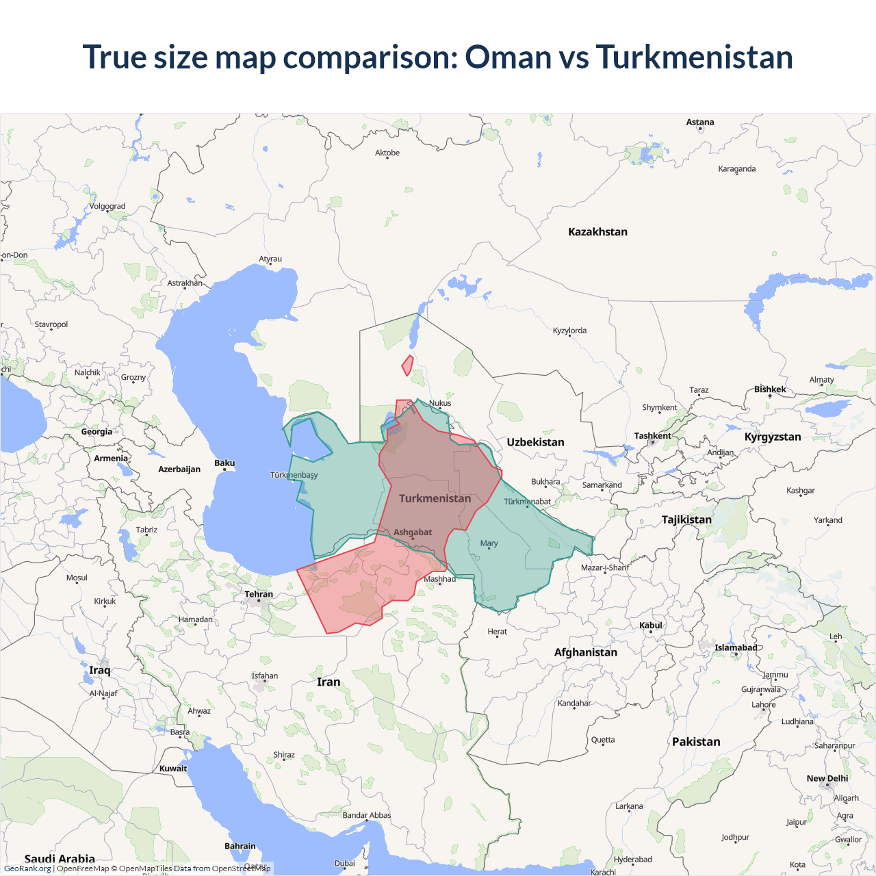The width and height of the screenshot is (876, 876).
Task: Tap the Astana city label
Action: (699, 123)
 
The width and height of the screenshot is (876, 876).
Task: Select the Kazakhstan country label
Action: (597, 232)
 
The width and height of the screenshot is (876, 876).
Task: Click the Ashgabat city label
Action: (412, 532)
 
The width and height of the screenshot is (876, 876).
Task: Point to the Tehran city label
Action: (259, 594)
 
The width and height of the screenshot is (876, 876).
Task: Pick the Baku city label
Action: (224, 463)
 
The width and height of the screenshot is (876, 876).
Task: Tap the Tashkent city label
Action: (652, 436)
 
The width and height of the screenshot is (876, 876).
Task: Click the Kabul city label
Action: (650, 626)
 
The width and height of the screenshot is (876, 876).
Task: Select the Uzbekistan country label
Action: (535, 442)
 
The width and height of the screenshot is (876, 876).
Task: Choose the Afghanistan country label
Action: (585, 652)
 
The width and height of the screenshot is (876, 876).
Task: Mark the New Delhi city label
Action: (827, 778)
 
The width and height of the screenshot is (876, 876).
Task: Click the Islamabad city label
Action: (736, 647)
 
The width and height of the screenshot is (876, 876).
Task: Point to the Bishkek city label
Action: (770, 389)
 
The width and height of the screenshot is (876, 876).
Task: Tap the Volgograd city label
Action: (107, 206)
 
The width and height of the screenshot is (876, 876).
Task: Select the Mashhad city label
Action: (439, 579)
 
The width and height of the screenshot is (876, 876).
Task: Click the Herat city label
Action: (497, 632)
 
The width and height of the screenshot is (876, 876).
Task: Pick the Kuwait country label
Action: (172, 769)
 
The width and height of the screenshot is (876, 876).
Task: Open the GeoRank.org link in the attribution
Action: (27, 868)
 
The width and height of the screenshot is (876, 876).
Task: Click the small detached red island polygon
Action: (408, 365)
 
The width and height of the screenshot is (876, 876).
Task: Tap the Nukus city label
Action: (440, 403)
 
